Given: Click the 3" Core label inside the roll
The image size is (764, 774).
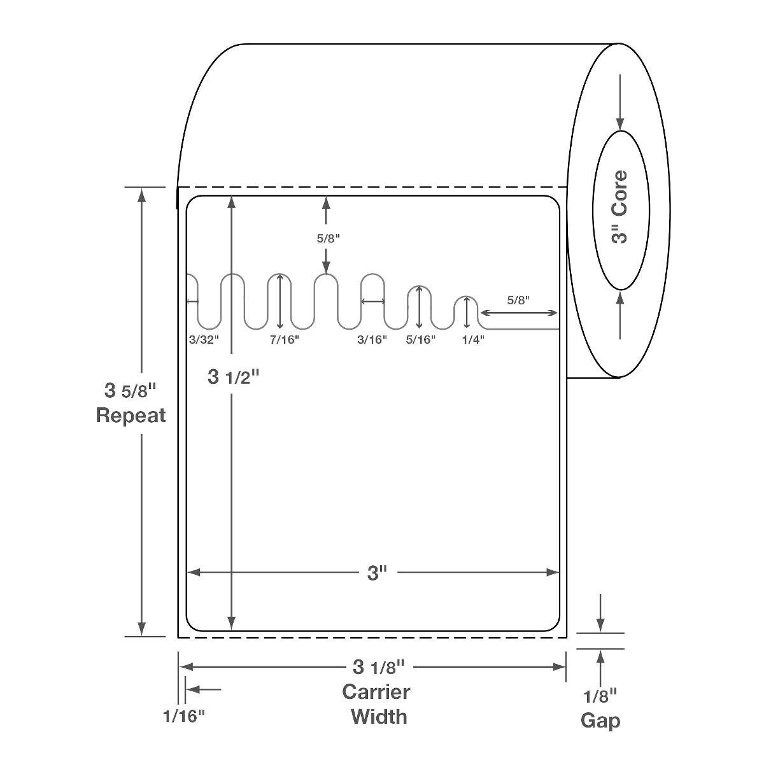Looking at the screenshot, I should [x=619, y=207].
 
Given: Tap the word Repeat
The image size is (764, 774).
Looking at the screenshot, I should [x=131, y=416].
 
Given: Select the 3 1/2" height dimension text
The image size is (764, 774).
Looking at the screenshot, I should [x=234, y=377].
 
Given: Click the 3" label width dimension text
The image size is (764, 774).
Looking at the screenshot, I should [x=378, y=573].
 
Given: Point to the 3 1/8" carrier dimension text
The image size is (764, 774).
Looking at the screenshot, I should [x=378, y=667].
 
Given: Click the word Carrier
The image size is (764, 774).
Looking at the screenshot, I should [x=376, y=692].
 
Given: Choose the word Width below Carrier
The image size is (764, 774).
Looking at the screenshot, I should [x=379, y=717].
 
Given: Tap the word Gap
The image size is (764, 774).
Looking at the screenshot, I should [x=600, y=721].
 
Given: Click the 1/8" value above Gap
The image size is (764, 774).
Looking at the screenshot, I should [x=600, y=696].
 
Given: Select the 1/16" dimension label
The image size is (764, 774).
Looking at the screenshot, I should [x=184, y=717].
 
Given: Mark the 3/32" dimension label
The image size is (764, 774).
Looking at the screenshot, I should [x=204, y=340].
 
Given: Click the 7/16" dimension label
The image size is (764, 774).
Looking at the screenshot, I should [x=284, y=340].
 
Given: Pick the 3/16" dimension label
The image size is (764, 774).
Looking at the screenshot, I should [x=372, y=340].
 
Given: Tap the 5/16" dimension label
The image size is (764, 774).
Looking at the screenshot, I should [x=421, y=340].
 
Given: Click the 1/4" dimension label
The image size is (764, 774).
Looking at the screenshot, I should [x=472, y=340].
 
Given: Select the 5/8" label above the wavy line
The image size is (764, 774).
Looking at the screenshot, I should [x=329, y=239].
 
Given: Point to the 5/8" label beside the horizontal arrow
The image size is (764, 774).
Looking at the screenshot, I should [x=518, y=300].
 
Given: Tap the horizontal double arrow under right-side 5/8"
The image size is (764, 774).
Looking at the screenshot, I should [x=519, y=313].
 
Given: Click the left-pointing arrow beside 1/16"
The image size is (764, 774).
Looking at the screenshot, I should [x=204, y=689].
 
